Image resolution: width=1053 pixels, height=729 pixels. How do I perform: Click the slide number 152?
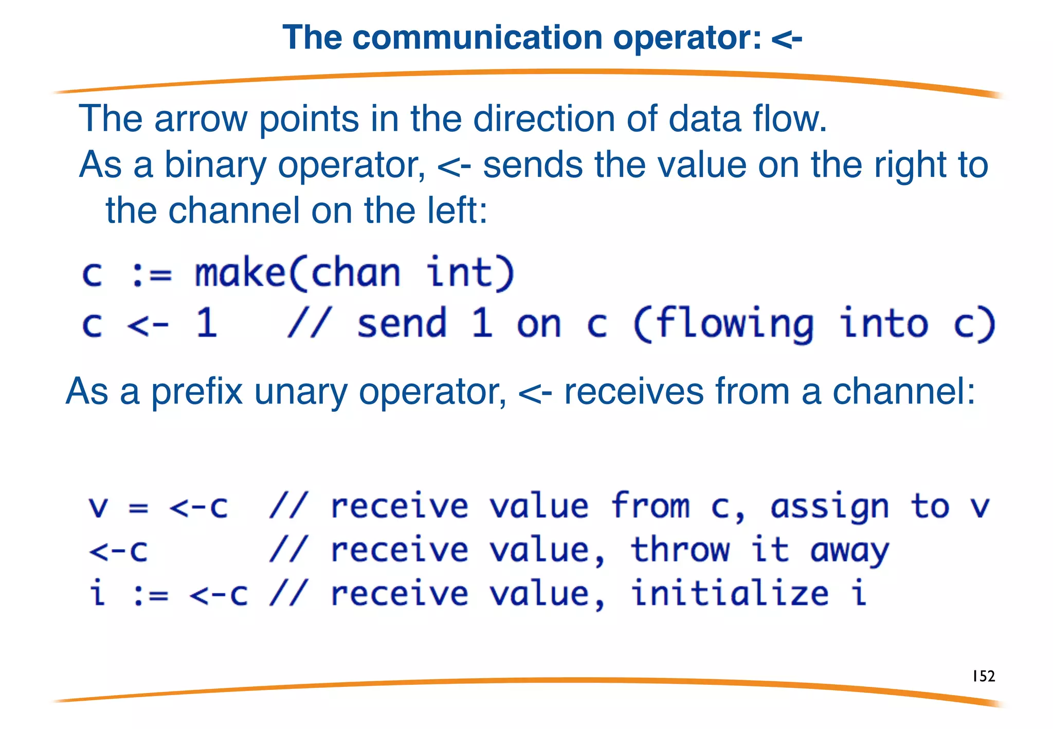[984, 676]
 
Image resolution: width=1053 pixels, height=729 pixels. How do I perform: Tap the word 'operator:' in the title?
[687, 39]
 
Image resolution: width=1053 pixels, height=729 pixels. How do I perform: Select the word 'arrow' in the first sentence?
[201, 119]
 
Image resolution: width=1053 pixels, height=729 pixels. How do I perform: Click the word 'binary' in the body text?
[215, 166]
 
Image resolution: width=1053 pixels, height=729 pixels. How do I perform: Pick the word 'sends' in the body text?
[533, 165]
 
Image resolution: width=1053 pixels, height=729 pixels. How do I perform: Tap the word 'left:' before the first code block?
[457, 211]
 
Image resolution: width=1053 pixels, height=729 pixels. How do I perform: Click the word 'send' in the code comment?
[402, 324]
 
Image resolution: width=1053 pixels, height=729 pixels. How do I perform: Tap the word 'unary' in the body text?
[301, 392]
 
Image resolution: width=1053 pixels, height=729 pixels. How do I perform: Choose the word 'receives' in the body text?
[633, 392]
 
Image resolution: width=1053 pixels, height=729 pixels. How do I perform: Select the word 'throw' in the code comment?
[680, 550]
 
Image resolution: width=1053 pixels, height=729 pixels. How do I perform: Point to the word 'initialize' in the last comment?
[730, 594]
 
